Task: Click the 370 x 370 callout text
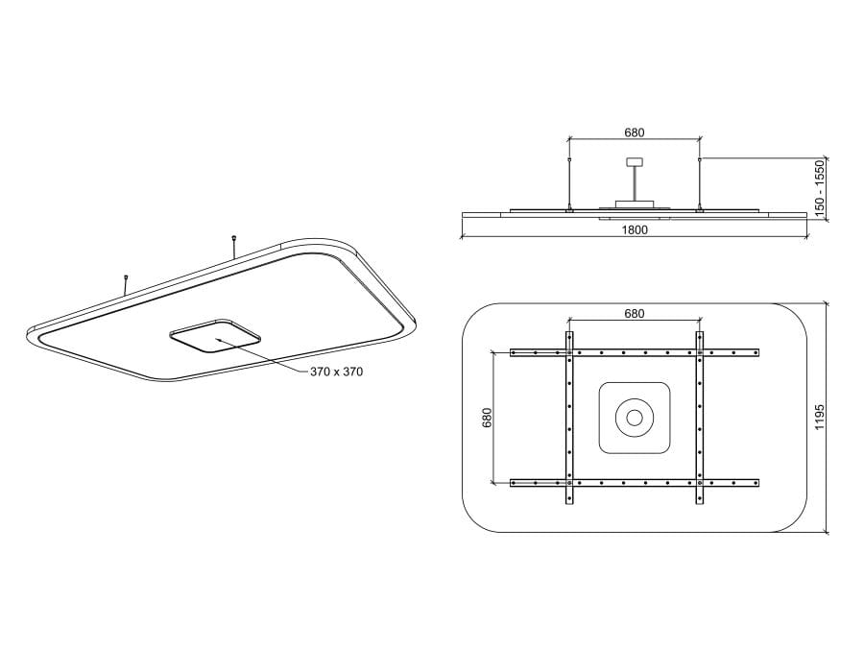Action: click(x=336, y=372)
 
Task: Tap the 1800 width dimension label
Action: click(x=635, y=229)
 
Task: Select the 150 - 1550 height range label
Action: click(x=821, y=188)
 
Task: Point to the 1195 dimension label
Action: click(x=821, y=418)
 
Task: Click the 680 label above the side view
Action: click(x=635, y=133)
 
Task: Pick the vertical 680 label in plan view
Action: click(x=487, y=418)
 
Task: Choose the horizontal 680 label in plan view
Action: click(x=635, y=314)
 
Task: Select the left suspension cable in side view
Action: click(x=569, y=183)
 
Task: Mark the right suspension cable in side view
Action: click(x=700, y=183)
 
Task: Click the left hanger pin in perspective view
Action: click(x=126, y=285)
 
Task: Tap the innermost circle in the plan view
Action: click(x=635, y=418)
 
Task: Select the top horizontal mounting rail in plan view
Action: click(x=635, y=353)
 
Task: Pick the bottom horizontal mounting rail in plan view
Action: click(x=635, y=482)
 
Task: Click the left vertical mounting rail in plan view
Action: click(x=569, y=418)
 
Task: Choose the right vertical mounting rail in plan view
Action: click(x=700, y=418)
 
